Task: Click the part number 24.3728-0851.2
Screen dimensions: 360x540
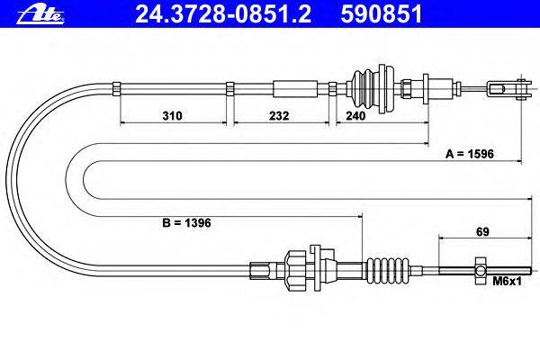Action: click(202, 13)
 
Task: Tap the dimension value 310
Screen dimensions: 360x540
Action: click(174, 116)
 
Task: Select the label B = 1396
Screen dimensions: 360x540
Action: click(186, 221)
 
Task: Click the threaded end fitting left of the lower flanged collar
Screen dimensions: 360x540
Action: click(260, 267)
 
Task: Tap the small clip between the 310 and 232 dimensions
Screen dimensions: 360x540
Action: click(231, 87)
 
